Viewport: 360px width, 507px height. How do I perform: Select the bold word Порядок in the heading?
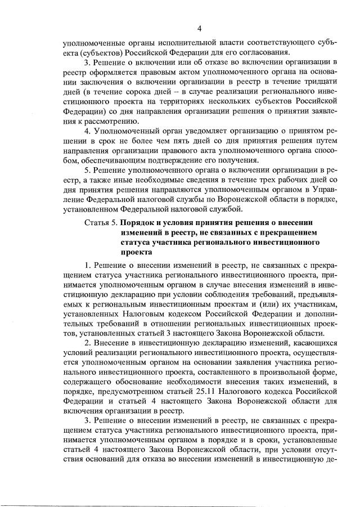coord(141,222)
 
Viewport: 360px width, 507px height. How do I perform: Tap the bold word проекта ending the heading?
coord(136,253)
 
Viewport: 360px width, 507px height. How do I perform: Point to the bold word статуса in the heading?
coord(137,243)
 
